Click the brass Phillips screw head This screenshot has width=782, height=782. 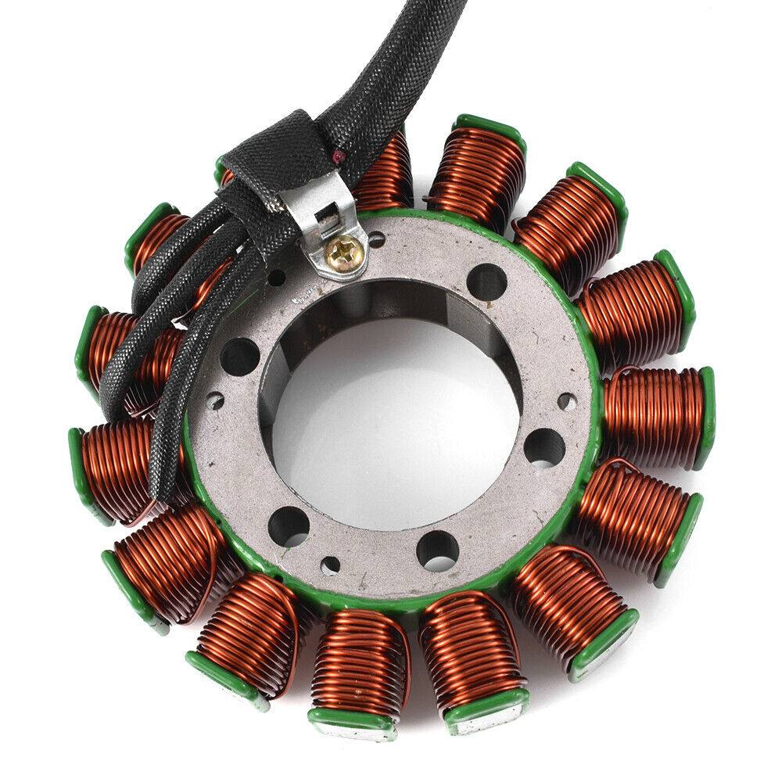(342, 250)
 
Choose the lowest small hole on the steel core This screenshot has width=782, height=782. (334, 564)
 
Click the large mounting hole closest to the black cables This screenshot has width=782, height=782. (239, 357)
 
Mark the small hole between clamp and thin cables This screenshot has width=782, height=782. (275, 276)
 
